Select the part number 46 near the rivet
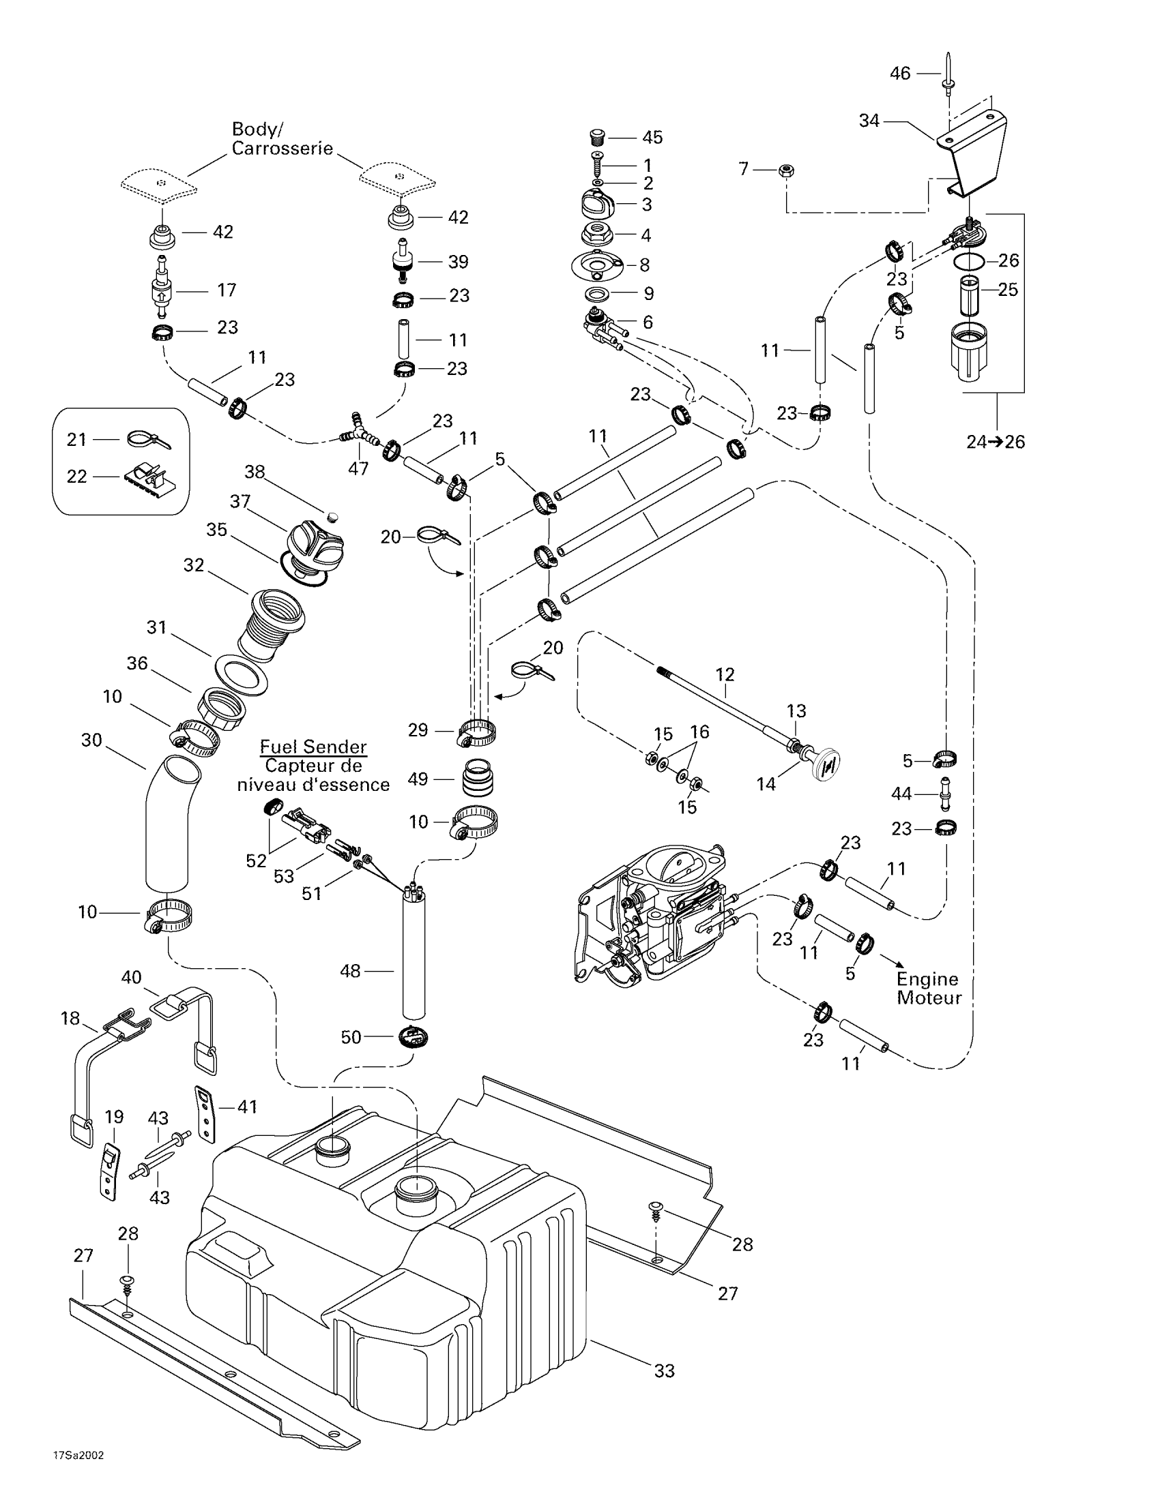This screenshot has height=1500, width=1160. [899, 74]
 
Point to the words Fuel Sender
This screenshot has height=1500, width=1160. [313, 747]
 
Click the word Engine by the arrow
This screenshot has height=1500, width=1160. [927, 979]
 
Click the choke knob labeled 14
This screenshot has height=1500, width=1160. [825, 764]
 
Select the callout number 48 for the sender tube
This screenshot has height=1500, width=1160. [350, 971]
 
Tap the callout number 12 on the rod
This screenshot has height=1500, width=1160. [725, 674]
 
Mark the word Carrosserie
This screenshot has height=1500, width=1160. [282, 149]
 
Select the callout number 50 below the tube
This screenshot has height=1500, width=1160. [351, 1037]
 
